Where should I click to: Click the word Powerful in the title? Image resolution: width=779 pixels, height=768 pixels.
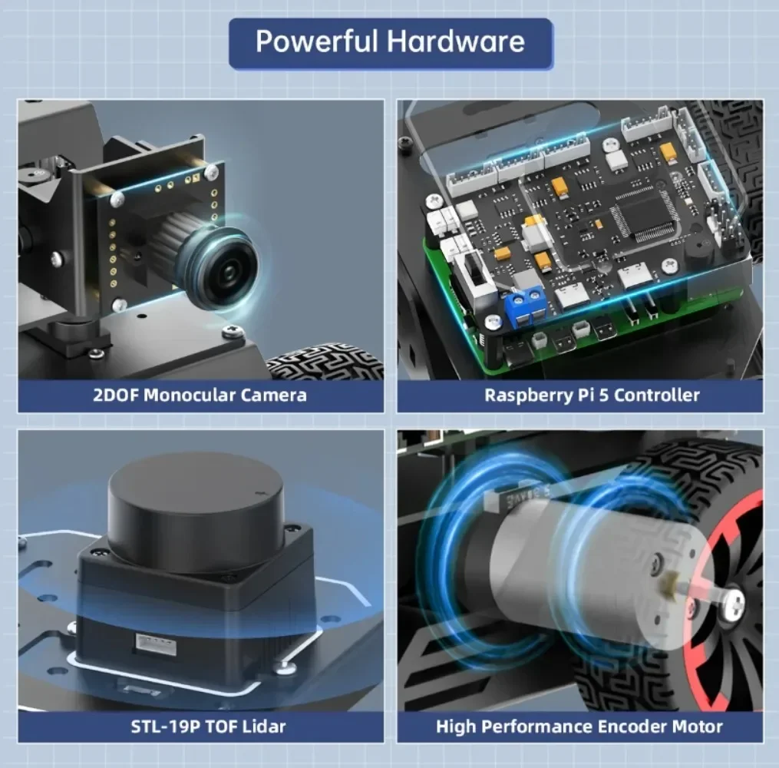tap(316, 41)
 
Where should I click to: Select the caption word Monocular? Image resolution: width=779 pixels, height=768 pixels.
tap(190, 396)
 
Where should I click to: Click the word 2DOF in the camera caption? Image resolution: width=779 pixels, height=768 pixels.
tap(115, 396)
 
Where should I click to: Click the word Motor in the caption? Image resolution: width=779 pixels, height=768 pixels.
tap(696, 726)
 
